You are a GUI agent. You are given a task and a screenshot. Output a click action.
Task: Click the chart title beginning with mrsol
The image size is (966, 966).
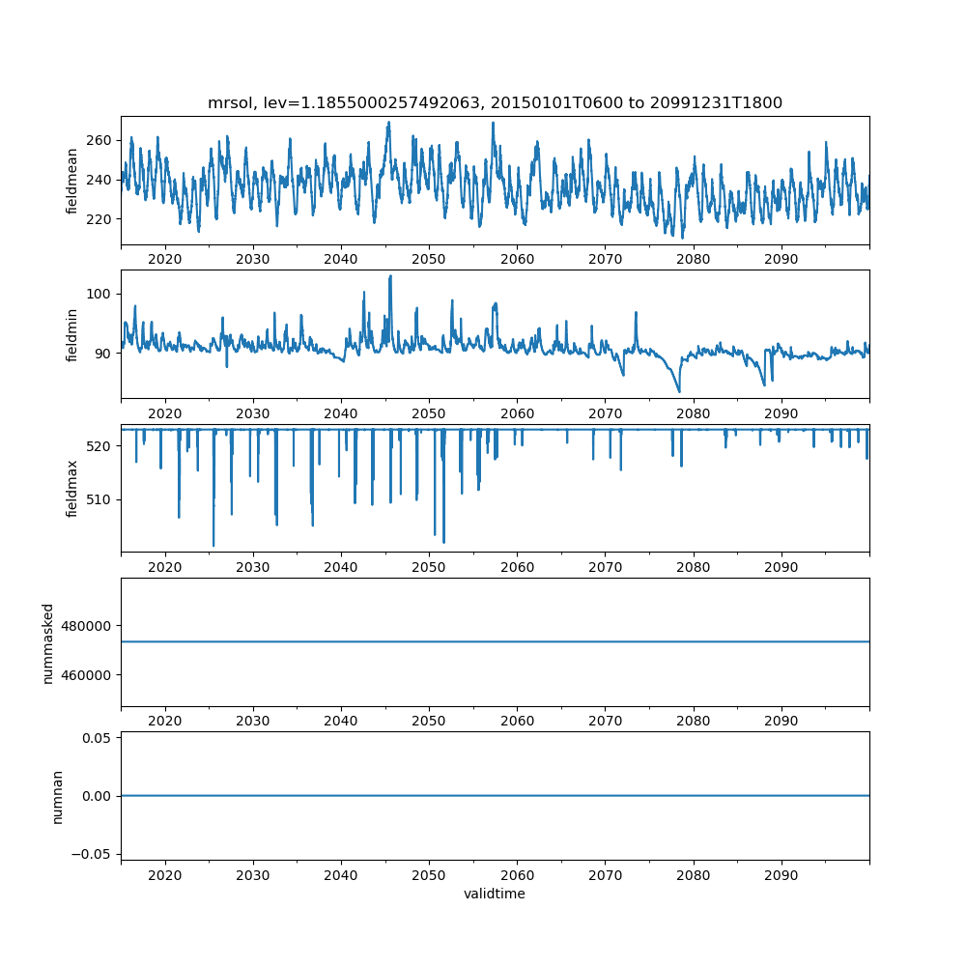pyautogui.click(x=495, y=102)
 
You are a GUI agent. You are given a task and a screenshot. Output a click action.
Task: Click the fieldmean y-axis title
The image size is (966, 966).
pyautogui.click(x=72, y=181)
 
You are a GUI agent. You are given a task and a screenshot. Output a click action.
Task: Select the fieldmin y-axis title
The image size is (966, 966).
pyautogui.click(x=72, y=334)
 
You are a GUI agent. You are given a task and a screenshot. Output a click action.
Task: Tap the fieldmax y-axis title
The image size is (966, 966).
pyautogui.click(x=72, y=488)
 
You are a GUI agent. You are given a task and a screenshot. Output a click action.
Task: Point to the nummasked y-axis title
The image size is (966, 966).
pyautogui.click(x=48, y=642)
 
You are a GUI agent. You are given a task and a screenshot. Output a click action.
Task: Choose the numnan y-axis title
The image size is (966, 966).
pyautogui.click(x=58, y=796)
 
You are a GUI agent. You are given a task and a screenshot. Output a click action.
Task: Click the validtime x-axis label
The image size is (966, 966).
pyautogui.click(x=495, y=895)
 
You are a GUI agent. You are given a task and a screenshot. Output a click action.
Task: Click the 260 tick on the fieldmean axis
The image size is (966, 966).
pyautogui.click(x=99, y=140)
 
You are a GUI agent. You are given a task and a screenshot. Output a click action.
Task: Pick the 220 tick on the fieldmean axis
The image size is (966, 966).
pyautogui.click(x=99, y=218)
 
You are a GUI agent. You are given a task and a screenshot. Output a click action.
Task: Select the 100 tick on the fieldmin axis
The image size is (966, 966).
pyautogui.click(x=99, y=294)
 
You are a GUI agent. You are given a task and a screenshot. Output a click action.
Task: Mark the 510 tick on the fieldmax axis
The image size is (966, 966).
pyautogui.click(x=99, y=499)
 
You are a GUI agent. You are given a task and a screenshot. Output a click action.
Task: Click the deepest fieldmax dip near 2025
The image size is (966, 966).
pyautogui.click(x=213, y=546)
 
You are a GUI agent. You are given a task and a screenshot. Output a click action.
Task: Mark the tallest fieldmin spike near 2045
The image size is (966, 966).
pyautogui.click(x=390, y=276)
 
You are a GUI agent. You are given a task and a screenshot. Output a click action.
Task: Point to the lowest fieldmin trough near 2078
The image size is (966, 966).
pyautogui.click(x=679, y=391)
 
